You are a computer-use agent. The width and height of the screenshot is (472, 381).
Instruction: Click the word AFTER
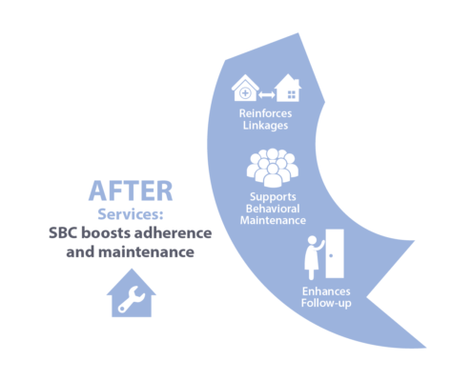(x=131, y=190)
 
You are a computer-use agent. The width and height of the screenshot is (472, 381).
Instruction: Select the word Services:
(x=131, y=214)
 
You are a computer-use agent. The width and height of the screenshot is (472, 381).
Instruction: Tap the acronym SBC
(x=63, y=233)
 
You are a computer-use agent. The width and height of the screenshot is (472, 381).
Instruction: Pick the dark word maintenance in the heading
(x=146, y=252)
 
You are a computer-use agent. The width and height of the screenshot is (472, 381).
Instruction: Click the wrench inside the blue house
(x=132, y=299)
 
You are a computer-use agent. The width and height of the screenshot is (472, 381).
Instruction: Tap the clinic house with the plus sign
(x=245, y=88)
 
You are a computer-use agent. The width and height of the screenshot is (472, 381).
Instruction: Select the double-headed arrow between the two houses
(x=267, y=94)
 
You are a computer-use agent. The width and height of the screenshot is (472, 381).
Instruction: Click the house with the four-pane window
(x=288, y=88)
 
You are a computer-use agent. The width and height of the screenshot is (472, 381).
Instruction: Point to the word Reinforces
(x=265, y=113)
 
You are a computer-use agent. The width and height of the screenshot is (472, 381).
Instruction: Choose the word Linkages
(x=265, y=125)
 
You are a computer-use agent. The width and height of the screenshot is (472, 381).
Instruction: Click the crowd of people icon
(x=273, y=168)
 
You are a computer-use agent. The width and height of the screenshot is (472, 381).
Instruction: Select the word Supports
(x=273, y=197)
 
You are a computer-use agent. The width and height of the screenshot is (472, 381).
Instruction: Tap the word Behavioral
(x=273, y=209)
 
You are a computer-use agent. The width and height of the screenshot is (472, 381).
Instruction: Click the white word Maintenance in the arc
(x=273, y=220)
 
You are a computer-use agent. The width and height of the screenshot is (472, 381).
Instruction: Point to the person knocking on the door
(x=314, y=257)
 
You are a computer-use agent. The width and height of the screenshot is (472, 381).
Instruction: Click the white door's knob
(x=331, y=255)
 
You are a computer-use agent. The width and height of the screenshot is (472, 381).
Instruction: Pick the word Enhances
(x=326, y=291)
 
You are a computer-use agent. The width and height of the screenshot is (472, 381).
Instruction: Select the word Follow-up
(x=326, y=303)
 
